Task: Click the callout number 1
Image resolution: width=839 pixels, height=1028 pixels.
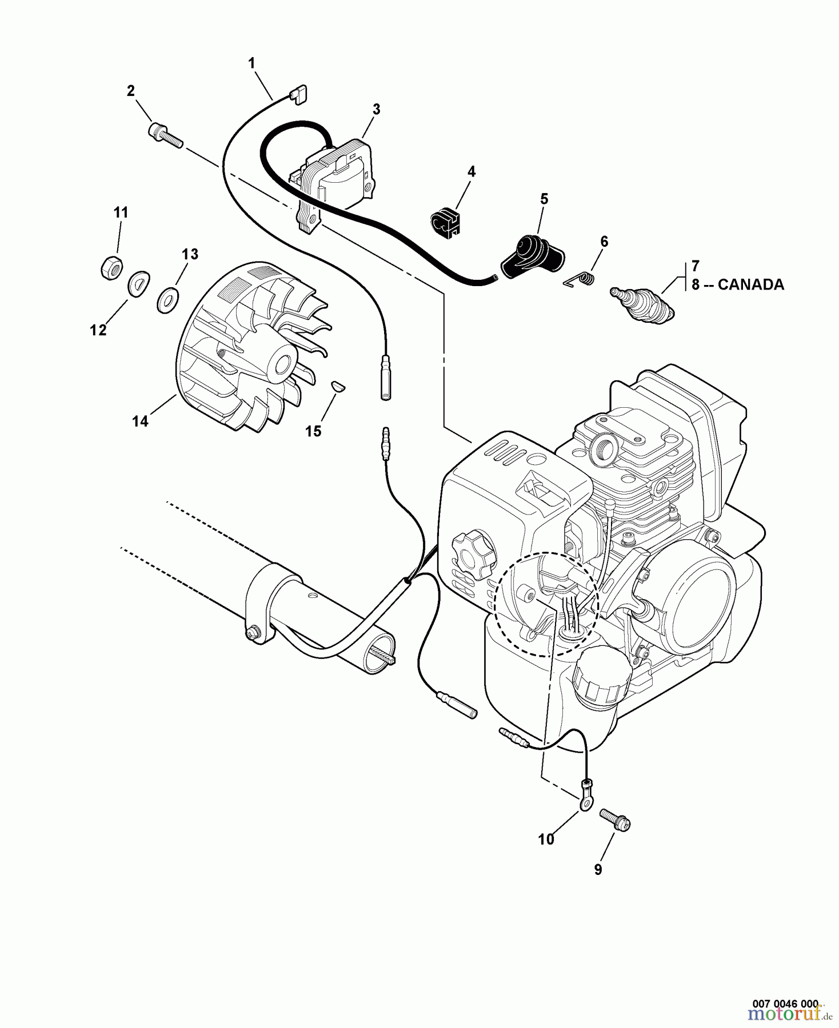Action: pos(251,64)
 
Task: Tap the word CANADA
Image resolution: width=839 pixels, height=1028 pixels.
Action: pos(750,285)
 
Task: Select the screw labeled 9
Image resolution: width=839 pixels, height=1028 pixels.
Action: pos(616,821)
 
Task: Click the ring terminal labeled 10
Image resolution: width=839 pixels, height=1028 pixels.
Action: pos(584,801)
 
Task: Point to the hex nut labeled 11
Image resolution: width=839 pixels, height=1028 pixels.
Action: pos(109,267)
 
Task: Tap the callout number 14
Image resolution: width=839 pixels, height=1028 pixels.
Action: pos(140,421)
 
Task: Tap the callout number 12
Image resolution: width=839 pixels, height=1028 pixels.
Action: pos(98,330)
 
